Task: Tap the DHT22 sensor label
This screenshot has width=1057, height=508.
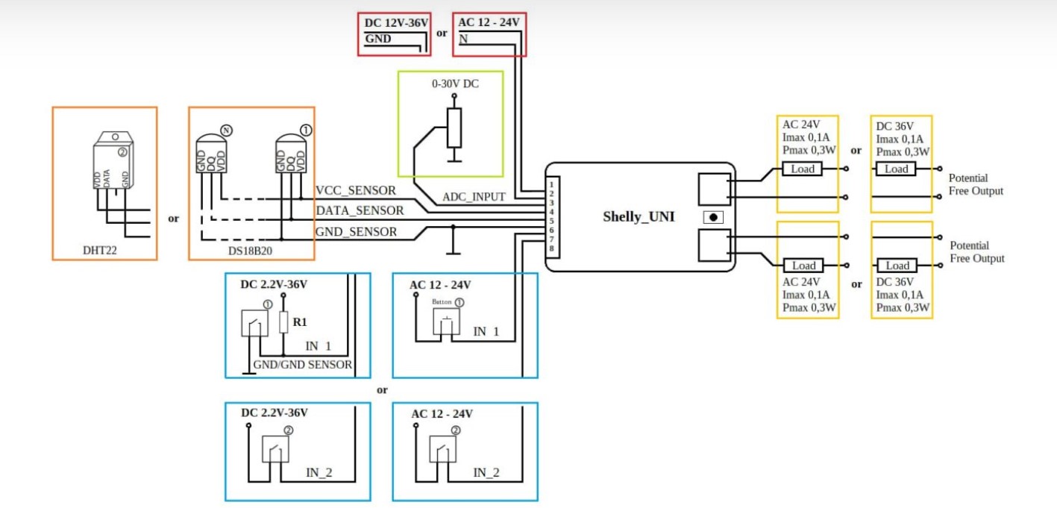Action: point(100,251)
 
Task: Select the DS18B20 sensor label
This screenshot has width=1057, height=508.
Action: point(249,251)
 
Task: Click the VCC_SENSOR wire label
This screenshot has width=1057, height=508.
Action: point(356,191)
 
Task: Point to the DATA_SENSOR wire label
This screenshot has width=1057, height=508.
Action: point(360,211)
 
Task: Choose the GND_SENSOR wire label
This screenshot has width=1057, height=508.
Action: point(357,232)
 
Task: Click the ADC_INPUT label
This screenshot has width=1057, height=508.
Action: point(474,197)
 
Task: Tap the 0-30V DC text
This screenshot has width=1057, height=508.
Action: point(455,84)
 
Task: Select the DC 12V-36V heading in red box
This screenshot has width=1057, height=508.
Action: point(396,23)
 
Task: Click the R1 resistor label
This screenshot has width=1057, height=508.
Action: point(300,323)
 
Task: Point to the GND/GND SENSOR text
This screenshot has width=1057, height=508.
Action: point(303,365)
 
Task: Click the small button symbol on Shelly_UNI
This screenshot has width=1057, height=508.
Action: point(714,217)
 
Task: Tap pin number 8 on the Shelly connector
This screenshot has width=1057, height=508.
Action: point(551,248)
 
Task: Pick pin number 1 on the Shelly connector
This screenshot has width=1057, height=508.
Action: point(551,184)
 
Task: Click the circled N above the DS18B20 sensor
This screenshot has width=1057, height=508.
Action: point(227,130)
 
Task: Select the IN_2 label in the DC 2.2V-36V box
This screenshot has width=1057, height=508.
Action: point(319,472)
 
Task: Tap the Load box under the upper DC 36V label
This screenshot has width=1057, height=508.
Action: point(896,169)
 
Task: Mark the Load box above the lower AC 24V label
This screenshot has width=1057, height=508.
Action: point(803,266)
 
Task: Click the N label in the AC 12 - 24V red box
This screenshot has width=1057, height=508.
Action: point(463,39)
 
